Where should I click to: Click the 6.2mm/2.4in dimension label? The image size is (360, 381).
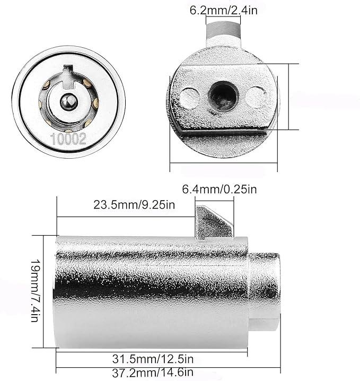pos(223,11)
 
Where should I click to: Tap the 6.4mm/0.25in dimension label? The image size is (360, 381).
pos(219,189)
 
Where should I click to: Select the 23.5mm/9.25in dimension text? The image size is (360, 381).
pos(134,205)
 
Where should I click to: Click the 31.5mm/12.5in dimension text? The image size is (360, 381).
pos(153,359)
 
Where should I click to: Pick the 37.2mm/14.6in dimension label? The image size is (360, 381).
pos(153,373)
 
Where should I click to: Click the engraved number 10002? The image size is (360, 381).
pos(68,138)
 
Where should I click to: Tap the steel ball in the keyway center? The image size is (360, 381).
pos(69,101)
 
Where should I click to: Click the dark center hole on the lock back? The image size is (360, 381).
pos(223,96)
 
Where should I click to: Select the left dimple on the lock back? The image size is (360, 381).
pos(190,98)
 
